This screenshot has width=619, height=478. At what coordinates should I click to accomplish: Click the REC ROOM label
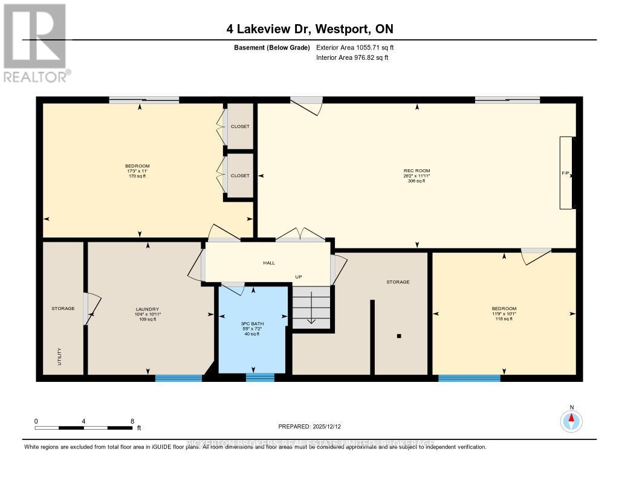pos(416,171)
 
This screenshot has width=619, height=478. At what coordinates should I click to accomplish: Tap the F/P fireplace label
pos(565,173)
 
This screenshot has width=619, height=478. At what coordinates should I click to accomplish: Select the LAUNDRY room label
pos(147,309)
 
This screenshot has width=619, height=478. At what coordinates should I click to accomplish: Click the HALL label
pos(268,263)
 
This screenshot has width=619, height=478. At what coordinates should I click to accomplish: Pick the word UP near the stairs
pos(298,277)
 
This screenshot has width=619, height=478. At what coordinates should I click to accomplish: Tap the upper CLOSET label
pos(240,127)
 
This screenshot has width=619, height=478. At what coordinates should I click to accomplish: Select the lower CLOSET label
pos(240,176)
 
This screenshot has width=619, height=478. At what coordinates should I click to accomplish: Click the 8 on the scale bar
pos(132,421)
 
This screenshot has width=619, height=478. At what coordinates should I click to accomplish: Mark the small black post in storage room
pos(399,336)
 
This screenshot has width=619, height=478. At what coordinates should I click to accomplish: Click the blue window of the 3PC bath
pos(260,378)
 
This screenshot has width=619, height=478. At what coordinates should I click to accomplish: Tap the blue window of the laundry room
pos(178,378)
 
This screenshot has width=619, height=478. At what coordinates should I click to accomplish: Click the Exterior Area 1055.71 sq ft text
pos(355,47)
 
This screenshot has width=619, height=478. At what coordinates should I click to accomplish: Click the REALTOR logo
pos(36,42)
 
